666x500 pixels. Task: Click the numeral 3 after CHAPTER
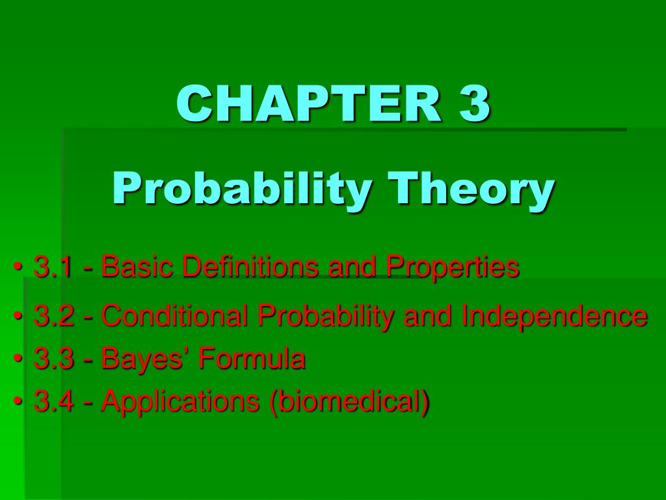pos(474,104)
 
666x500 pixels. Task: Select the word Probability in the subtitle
pos(243,190)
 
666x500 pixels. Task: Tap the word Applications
pos(180,402)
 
